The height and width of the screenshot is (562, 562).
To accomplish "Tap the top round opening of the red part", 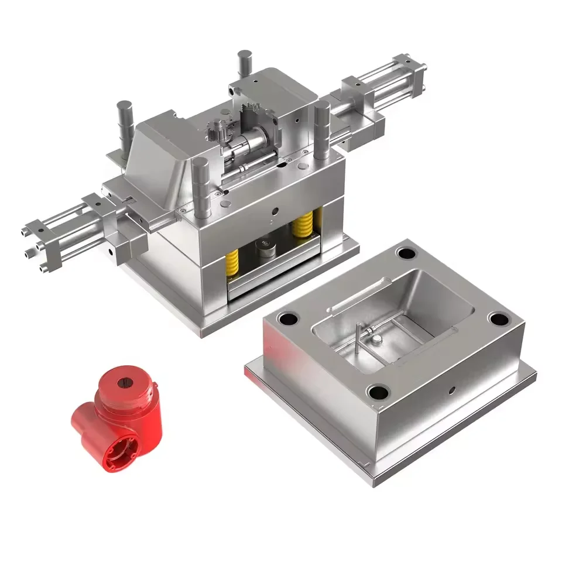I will [x=128, y=383].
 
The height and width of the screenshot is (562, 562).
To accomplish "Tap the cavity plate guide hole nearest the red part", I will [x=289, y=319].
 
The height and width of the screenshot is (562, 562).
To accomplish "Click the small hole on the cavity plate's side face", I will [x=451, y=389].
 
